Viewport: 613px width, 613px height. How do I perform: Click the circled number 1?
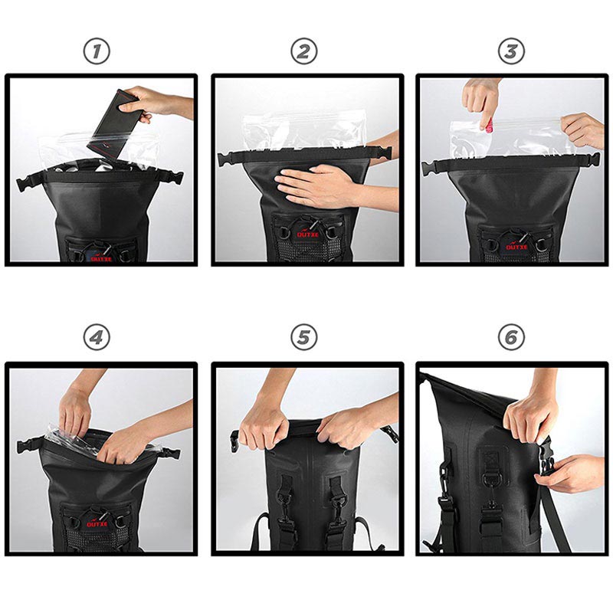tap(97, 51)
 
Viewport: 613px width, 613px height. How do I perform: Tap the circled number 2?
tap(304, 51)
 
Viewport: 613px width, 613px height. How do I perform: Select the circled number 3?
tap(511, 51)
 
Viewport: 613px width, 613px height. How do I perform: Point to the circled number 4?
tap(97, 337)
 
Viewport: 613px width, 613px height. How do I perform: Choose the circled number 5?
tap(304, 337)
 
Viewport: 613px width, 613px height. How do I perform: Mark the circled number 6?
tap(511, 337)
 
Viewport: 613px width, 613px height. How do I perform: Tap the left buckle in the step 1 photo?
tap(26, 184)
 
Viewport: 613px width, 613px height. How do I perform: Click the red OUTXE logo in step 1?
tap(100, 258)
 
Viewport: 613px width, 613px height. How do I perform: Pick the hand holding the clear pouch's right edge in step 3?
tap(582, 130)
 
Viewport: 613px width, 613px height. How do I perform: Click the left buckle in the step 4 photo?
tap(26, 444)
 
